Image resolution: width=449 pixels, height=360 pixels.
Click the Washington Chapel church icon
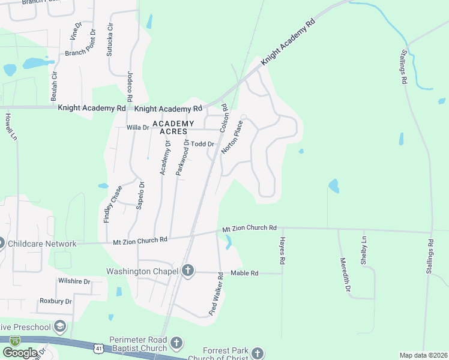click(188, 271)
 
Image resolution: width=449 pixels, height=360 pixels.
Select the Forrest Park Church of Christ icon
click(258, 353)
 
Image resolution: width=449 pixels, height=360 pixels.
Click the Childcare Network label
click(41, 244)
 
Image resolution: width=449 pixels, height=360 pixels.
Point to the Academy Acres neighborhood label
click(174, 127)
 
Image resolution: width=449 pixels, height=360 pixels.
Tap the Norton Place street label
click(232, 137)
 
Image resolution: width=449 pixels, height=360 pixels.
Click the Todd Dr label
click(203, 144)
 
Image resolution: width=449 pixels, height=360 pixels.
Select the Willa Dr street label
click(137, 128)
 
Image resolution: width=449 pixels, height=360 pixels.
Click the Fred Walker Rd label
click(217, 294)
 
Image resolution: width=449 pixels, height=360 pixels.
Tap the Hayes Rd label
click(281, 250)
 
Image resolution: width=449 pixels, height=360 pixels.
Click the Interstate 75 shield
click(14, 340)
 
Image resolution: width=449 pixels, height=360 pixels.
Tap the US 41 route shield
click(97, 347)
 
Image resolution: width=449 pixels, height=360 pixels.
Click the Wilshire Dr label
click(74, 281)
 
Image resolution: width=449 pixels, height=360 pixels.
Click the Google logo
click(19, 352)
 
